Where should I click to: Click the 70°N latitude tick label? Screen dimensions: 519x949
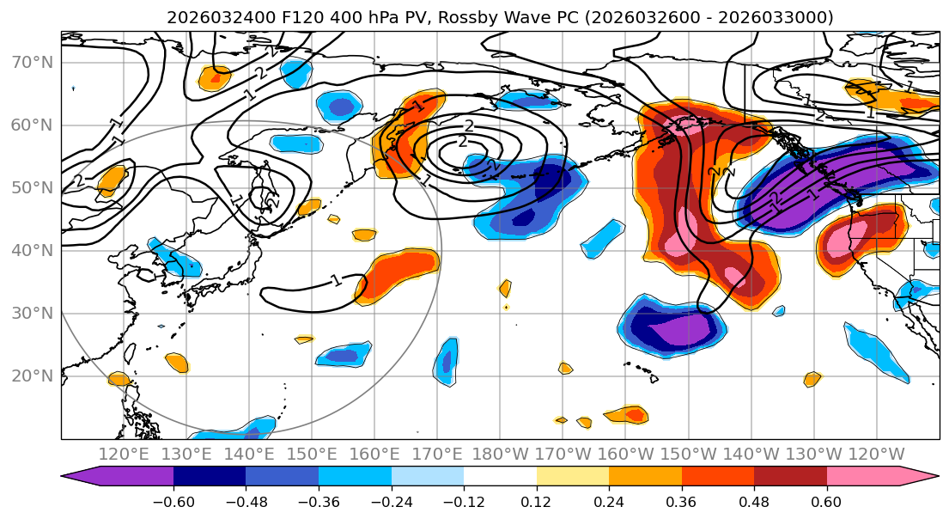pos(32,63)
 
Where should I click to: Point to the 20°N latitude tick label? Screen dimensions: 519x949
pos(32,376)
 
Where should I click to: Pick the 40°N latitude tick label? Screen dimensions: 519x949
pos(32,251)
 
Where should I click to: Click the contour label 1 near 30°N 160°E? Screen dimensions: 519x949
pos(336,280)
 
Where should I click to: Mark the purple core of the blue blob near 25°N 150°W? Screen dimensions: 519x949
pos(678,329)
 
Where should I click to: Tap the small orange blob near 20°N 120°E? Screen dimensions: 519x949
pos(119,379)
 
